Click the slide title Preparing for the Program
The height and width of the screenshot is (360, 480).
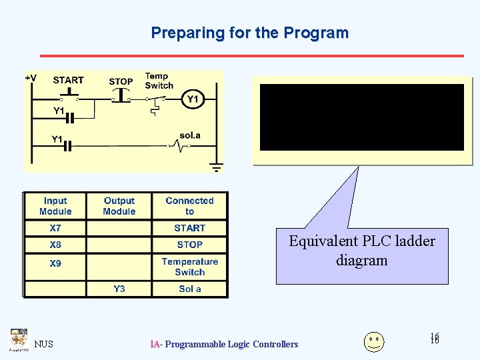(249, 33)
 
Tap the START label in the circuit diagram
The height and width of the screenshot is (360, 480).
(68, 80)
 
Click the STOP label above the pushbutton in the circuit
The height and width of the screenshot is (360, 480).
(121, 81)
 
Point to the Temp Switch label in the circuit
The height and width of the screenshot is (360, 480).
(158, 81)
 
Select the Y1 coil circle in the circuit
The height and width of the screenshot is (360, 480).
(192, 99)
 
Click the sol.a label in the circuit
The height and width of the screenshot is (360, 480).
(189, 135)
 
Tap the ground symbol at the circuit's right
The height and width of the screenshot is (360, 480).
(215, 167)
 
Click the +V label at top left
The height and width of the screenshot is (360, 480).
(31, 78)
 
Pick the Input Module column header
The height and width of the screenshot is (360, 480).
(55, 206)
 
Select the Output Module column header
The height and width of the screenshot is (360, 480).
(119, 206)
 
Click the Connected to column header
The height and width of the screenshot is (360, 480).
(189, 206)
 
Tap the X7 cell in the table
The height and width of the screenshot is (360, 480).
(55, 228)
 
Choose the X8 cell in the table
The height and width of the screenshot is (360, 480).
(55, 245)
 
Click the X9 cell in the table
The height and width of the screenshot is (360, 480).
(55, 263)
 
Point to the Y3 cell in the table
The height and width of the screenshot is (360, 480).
(119, 289)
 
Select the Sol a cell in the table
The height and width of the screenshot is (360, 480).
(189, 289)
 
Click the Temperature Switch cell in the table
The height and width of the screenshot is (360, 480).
(189, 267)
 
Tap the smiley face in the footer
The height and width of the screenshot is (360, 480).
(374, 341)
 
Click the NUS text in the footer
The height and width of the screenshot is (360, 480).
(44, 344)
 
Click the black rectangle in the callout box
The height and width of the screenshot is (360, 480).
(361, 117)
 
